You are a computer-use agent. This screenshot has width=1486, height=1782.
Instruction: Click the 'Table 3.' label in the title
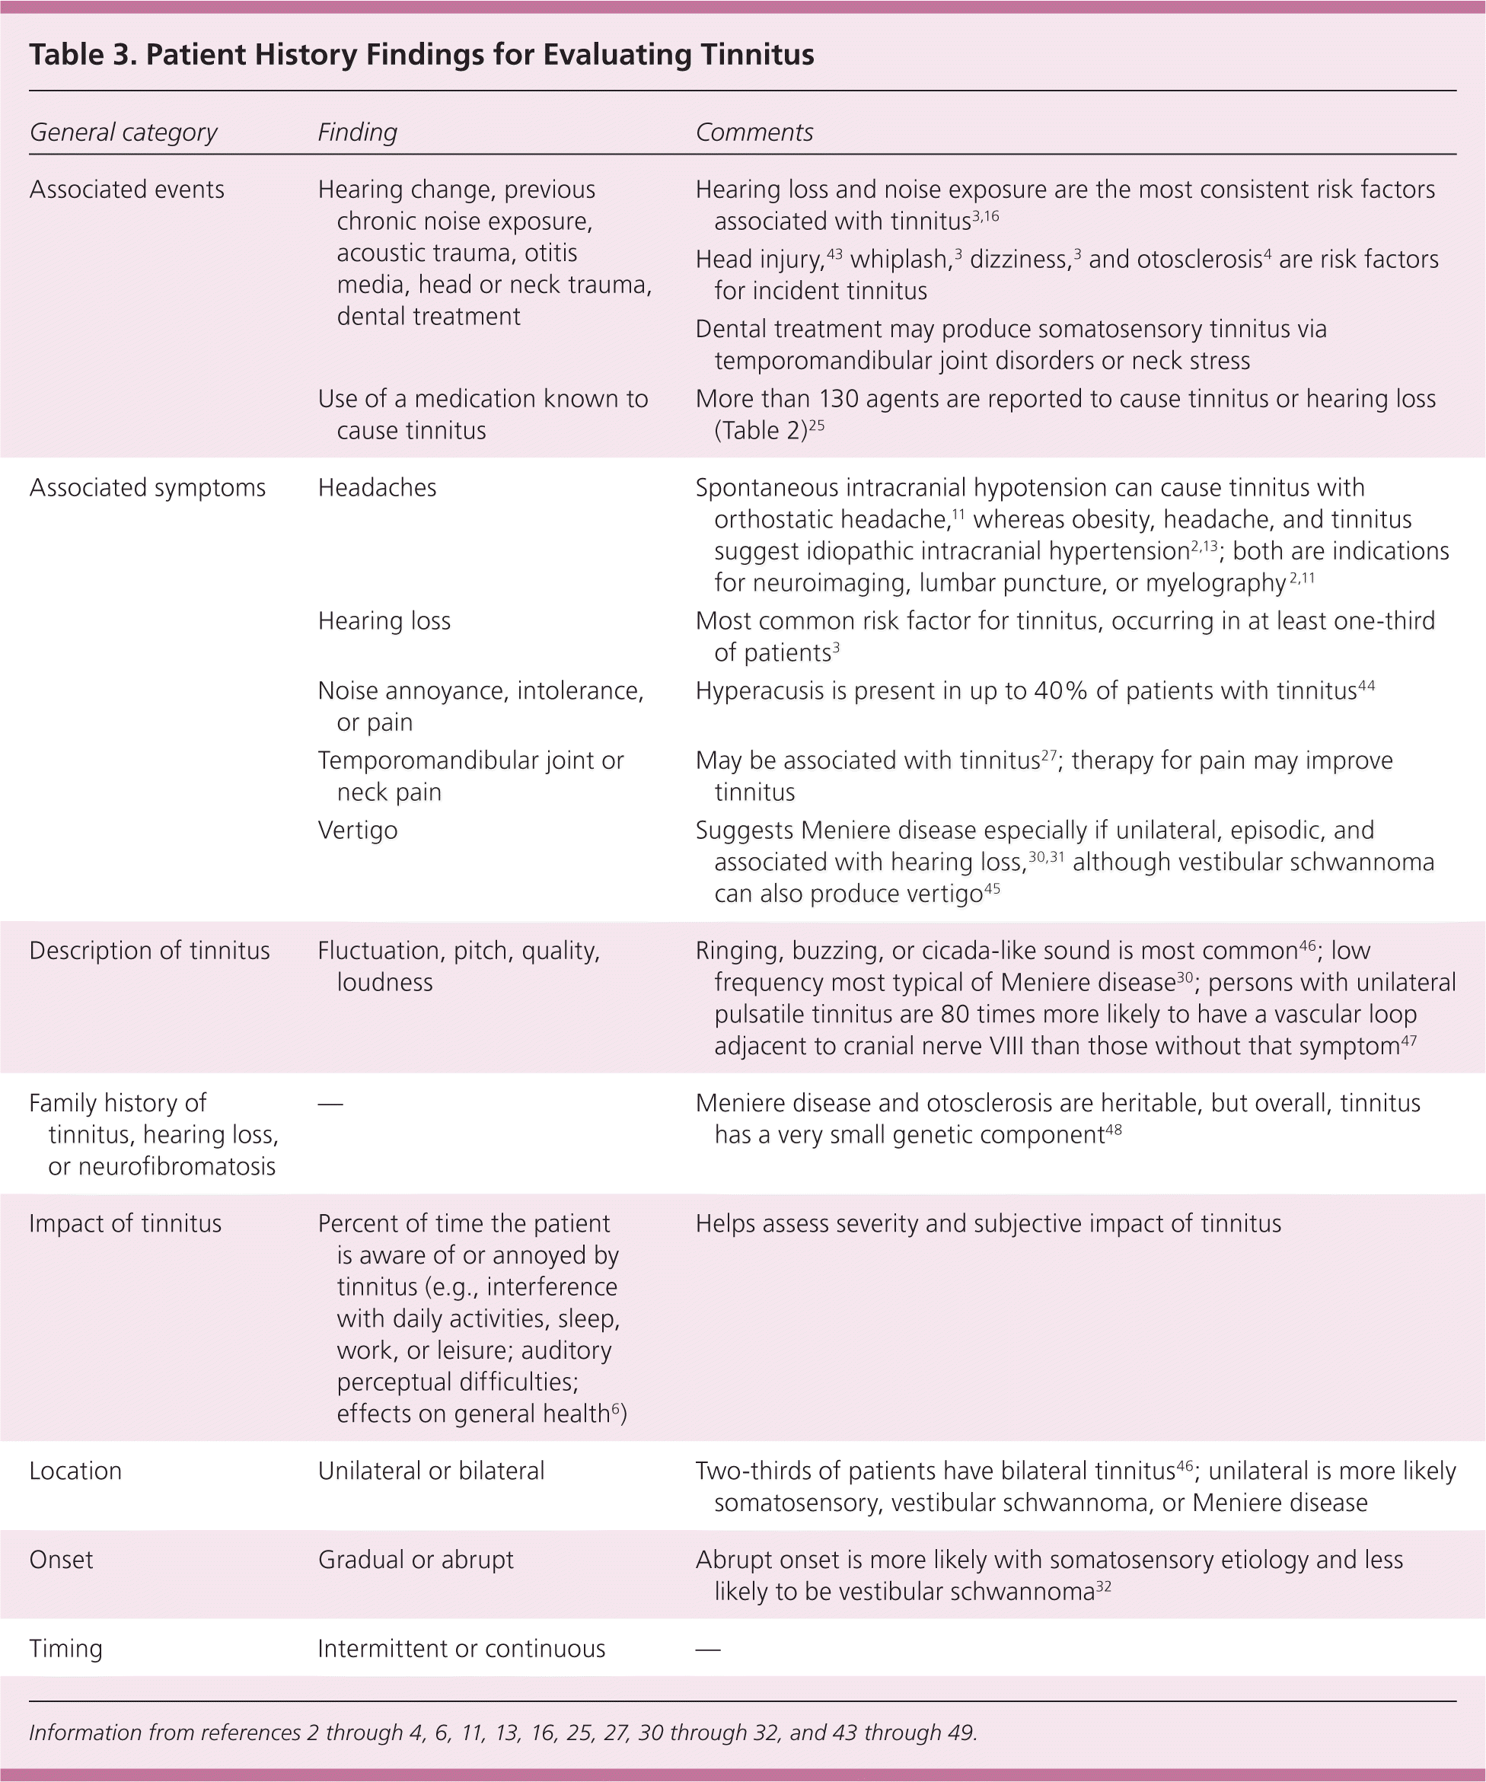(82, 55)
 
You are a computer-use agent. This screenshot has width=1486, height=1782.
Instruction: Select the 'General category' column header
(123, 132)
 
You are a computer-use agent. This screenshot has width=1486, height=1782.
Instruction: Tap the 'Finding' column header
(357, 132)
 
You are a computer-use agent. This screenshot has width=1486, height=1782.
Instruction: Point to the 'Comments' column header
(754, 132)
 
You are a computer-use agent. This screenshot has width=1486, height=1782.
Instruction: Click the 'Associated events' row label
(126, 190)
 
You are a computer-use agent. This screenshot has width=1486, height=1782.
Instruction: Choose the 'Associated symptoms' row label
(147, 488)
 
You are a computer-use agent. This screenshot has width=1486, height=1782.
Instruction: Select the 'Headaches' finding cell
(377, 488)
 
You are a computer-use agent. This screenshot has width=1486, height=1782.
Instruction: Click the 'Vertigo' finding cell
(357, 830)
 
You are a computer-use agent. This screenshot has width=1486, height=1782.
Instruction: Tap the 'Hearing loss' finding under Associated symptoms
(384, 621)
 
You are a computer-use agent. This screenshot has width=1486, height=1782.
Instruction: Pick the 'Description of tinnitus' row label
(149, 951)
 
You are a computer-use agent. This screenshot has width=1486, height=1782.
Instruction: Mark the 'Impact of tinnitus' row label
(125, 1223)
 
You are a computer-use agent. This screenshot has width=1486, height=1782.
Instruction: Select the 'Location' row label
(75, 1471)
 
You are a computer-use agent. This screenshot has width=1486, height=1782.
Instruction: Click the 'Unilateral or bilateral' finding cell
(431, 1471)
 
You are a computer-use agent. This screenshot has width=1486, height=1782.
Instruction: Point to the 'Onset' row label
(61, 1560)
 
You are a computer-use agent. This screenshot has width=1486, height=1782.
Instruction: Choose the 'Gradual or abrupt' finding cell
(416, 1560)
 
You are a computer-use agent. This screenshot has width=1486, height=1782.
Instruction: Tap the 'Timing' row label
(65, 1649)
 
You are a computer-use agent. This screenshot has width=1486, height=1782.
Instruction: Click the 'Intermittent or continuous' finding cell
(461, 1649)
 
